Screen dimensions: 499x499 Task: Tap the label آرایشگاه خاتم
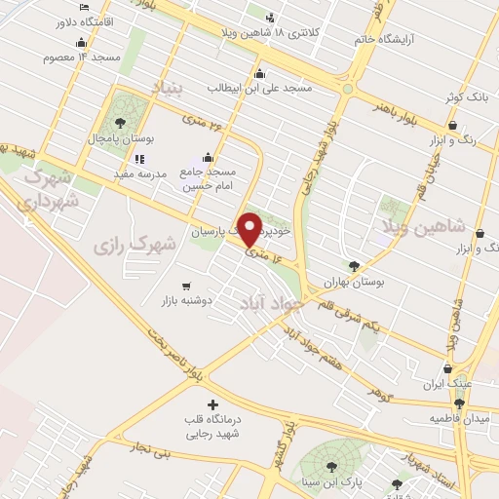(406, 38)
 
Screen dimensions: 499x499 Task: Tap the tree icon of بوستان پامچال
(120, 124)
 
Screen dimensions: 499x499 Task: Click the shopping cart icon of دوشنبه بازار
(185, 286)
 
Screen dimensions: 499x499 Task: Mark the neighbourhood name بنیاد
(166, 90)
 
